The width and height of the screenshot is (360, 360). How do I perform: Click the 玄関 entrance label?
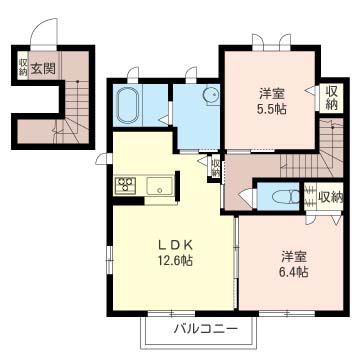[x=42, y=68]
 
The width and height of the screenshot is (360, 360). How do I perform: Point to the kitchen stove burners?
[x=127, y=184]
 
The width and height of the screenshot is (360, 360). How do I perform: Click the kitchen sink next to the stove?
[x=160, y=184]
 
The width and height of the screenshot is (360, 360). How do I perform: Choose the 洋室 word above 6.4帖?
[x=291, y=254]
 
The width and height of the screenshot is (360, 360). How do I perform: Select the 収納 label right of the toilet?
[x=331, y=197]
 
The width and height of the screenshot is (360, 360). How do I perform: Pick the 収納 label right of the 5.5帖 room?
[x=332, y=98]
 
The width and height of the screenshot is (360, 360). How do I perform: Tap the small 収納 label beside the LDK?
[x=215, y=166]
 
